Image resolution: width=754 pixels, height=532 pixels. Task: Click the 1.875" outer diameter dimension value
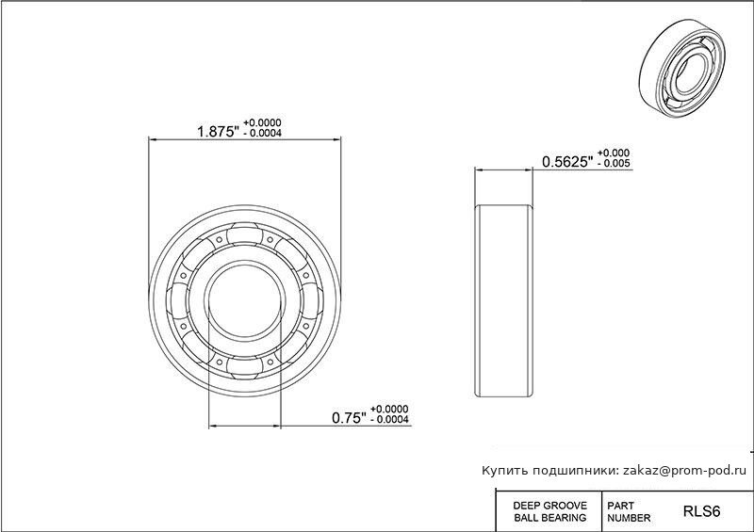pos(219,132)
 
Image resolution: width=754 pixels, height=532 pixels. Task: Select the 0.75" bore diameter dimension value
pos(350,418)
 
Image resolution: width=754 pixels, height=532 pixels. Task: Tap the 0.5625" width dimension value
pos(567,162)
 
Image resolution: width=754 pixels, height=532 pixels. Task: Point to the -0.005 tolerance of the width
pos(614,164)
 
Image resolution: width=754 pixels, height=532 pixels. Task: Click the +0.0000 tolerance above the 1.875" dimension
pos(262,123)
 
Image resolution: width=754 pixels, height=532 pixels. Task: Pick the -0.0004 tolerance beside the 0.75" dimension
pos(390,420)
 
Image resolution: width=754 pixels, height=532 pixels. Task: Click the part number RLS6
pos(701,511)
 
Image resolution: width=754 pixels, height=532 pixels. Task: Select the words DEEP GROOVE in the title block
pos(550,506)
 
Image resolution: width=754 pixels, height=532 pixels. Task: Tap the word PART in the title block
pos(620,506)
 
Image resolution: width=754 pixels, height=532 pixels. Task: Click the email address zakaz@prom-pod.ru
pos(685,471)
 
